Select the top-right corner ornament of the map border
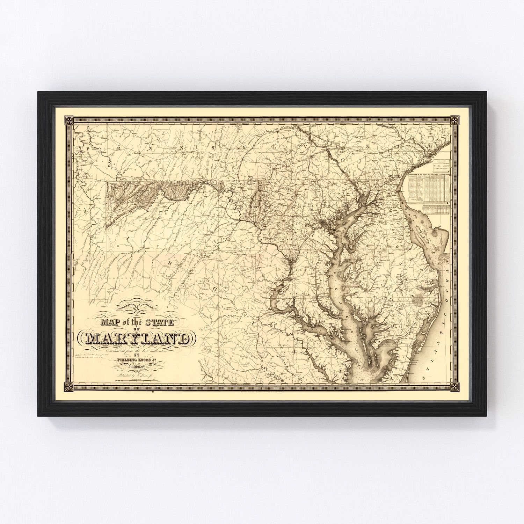454,121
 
